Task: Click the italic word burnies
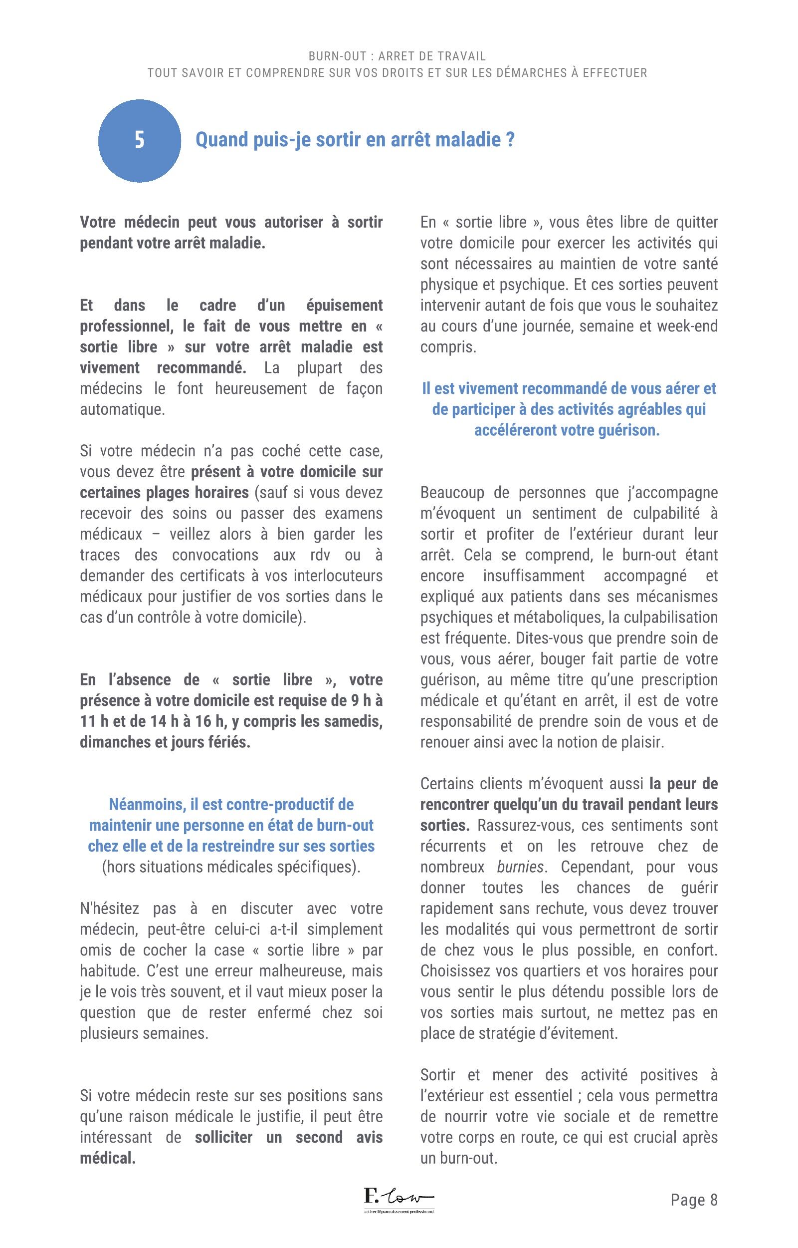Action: pyautogui.click(x=520, y=867)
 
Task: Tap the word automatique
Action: pyautogui.click(x=122, y=409)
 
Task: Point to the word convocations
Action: pyautogui.click(x=215, y=555)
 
